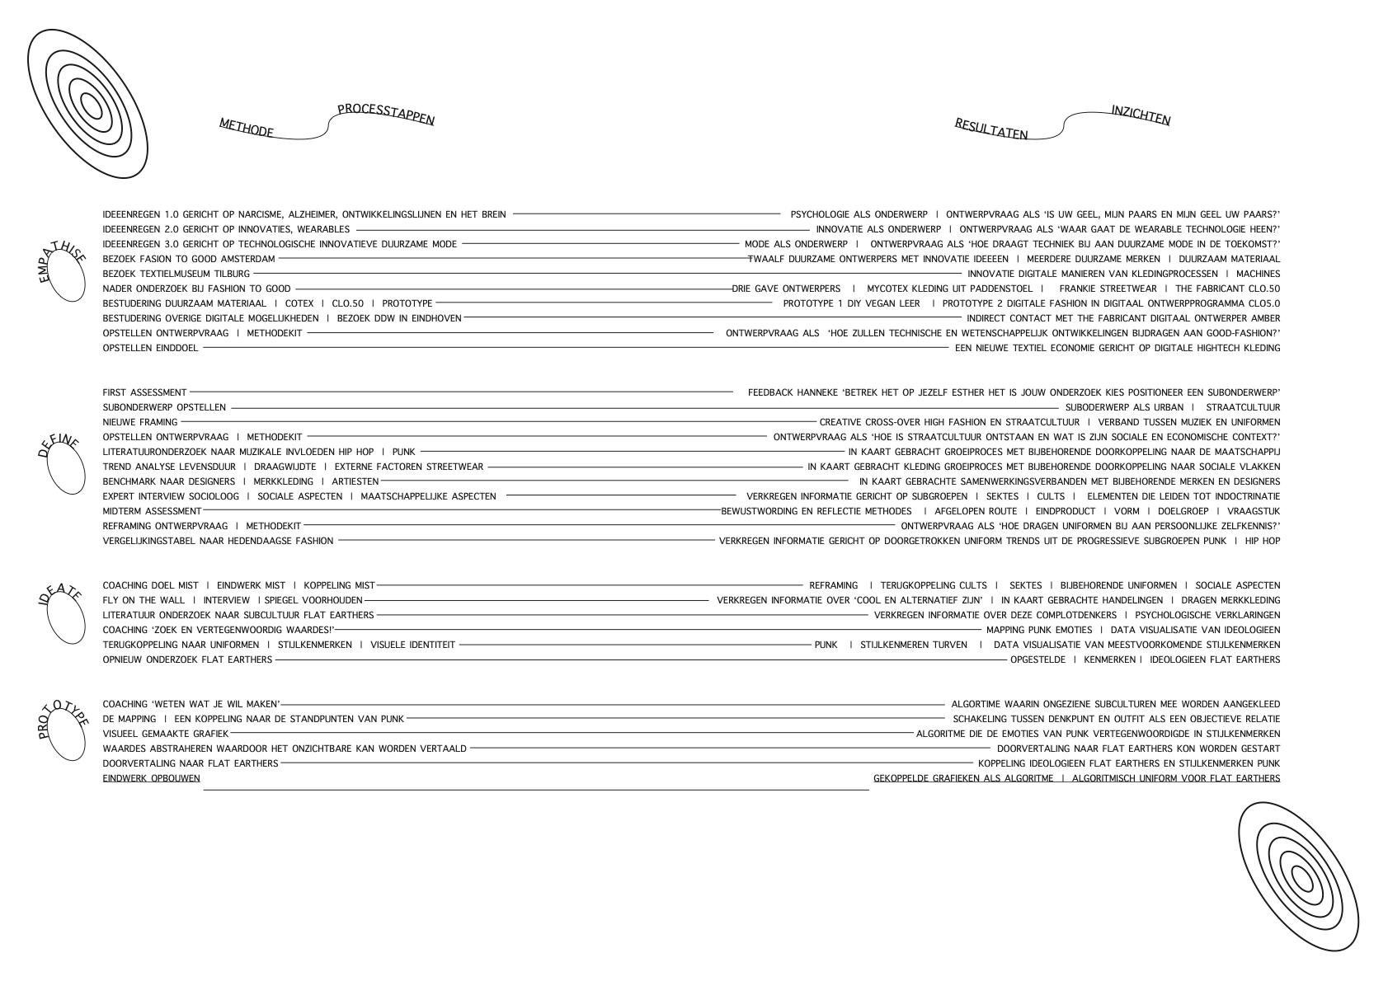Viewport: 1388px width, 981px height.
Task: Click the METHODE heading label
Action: pos(246,129)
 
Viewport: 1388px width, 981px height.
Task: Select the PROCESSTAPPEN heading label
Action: pos(385,115)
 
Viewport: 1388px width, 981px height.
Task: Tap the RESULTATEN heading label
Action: pos(991,129)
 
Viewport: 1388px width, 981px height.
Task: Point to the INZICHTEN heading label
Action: pos(1141,116)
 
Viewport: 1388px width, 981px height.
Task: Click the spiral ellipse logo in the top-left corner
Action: pos(87,104)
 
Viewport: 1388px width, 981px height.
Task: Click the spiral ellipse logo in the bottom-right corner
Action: pos(1298,875)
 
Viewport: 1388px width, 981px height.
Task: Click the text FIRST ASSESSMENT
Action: pos(144,393)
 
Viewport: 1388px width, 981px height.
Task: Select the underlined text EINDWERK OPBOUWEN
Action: pos(151,778)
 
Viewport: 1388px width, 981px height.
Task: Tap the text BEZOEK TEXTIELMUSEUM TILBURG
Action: pos(176,274)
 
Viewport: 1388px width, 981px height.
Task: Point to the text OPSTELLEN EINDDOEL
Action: pos(150,348)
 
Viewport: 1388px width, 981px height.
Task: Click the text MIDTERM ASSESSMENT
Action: pos(152,511)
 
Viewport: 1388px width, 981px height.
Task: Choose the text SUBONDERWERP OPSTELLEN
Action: pos(164,408)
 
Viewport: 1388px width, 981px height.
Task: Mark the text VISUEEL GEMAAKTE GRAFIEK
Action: pos(165,734)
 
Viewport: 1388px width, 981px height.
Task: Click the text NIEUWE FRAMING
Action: pos(139,423)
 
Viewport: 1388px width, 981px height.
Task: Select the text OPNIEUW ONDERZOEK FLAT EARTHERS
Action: pos(187,659)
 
